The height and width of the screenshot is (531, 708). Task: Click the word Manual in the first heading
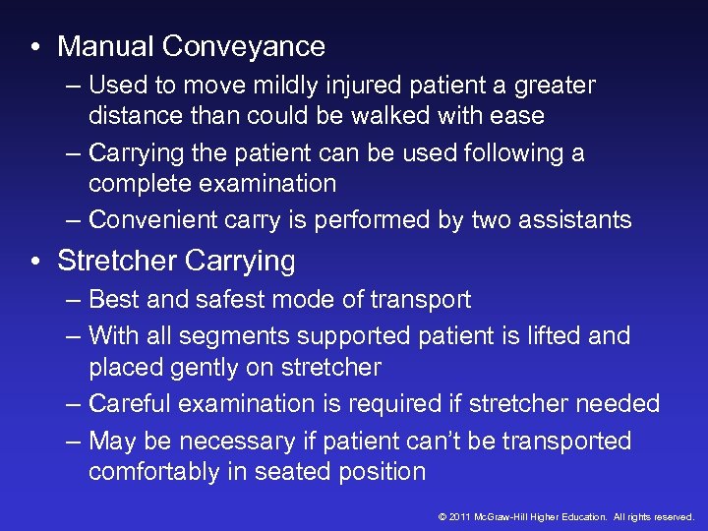tap(106, 46)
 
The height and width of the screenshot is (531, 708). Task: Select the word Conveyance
tap(244, 46)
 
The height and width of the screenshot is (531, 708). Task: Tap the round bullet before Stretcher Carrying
tap(35, 262)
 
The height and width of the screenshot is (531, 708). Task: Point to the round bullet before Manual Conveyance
tap(35, 47)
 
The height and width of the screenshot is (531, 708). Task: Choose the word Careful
tap(130, 403)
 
